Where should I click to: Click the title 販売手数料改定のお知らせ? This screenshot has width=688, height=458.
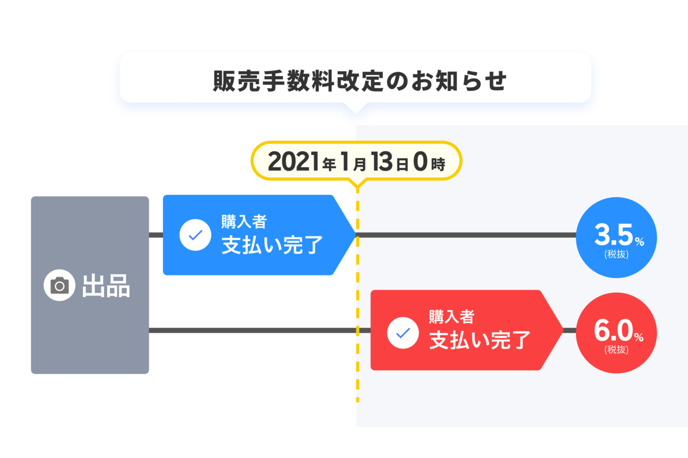[359, 81]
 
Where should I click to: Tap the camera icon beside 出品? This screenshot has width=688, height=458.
[60, 285]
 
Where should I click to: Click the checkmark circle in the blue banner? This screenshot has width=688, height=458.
[196, 235]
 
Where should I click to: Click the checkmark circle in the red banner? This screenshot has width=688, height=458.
[403, 332]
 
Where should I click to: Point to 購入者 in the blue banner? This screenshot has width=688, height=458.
[244, 221]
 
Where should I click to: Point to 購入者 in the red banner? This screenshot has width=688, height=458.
[451, 316]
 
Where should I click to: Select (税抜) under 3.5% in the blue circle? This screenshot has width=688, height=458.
[616, 254]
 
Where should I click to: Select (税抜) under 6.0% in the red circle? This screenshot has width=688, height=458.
[616, 349]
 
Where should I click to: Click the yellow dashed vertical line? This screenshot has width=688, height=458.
[357, 298]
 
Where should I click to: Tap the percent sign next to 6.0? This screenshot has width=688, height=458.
[639, 337]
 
